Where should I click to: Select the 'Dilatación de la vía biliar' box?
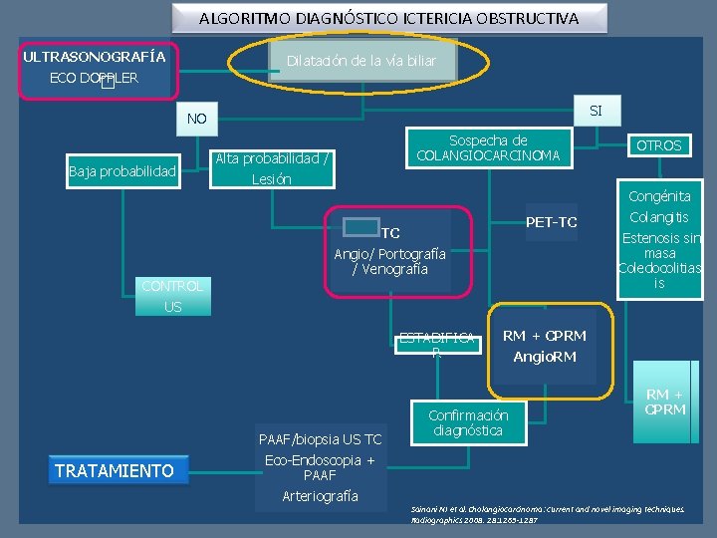361,61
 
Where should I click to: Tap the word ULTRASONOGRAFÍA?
95,56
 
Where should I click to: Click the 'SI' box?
596,110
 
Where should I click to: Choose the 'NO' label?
197,120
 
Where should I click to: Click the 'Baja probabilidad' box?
121,172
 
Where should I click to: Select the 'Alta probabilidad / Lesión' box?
272,168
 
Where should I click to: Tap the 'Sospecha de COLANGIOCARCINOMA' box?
488,148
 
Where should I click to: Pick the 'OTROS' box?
659,145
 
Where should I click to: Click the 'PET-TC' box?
552,221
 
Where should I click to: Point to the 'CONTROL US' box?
172,296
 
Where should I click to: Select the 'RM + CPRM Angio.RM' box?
544,346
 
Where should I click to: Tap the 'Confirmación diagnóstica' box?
467,422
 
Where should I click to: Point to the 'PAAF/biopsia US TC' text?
319,438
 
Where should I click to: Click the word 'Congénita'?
659,196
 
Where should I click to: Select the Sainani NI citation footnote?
548,513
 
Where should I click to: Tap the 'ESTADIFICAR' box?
436,345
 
